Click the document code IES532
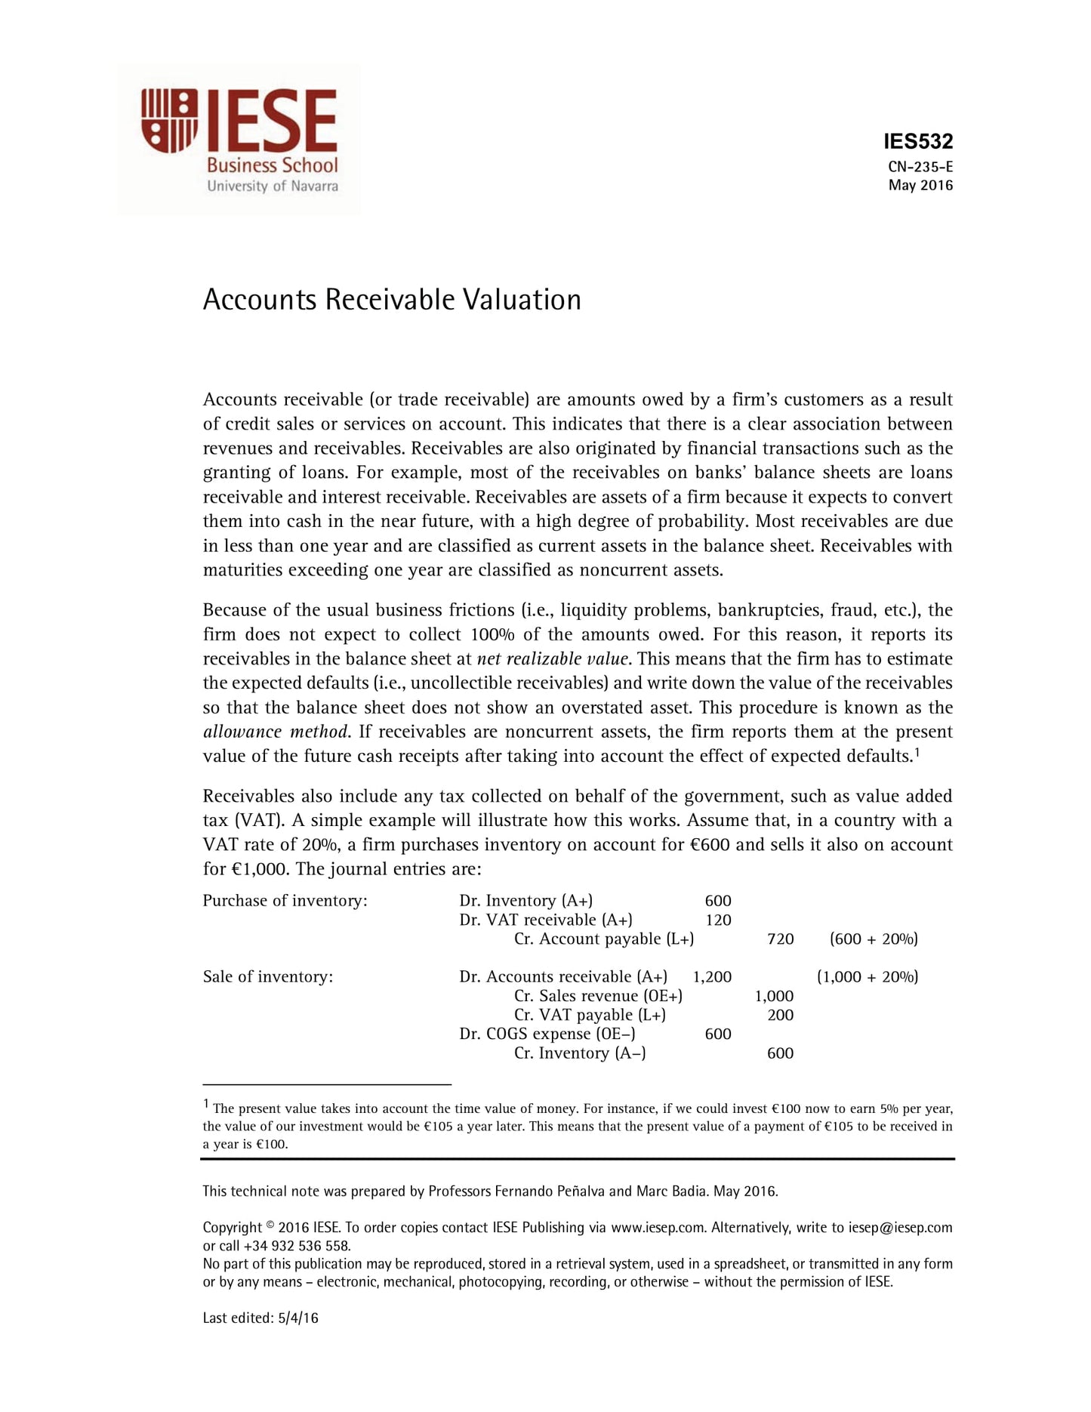pyautogui.click(x=917, y=141)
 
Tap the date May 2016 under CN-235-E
pyautogui.click(x=920, y=186)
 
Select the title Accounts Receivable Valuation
pyautogui.click(x=392, y=300)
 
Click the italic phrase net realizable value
pyautogui.click(x=553, y=659)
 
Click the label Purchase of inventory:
pyautogui.click(x=285, y=901)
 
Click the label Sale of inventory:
pyautogui.click(x=267, y=977)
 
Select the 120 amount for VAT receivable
pyautogui.click(x=717, y=920)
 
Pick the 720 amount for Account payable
pyautogui.click(x=780, y=939)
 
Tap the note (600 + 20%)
pyautogui.click(x=873, y=939)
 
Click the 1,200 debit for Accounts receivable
pyautogui.click(x=712, y=977)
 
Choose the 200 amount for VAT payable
pyautogui.click(x=780, y=1016)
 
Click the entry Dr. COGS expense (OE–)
pyautogui.click(x=547, y=1034)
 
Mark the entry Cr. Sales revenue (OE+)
pyautogui.click(x=598, y=997)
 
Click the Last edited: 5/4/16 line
pyautogui.click(x=260, y=1319)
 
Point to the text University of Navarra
pyautogui.click(x=273, y=187)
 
